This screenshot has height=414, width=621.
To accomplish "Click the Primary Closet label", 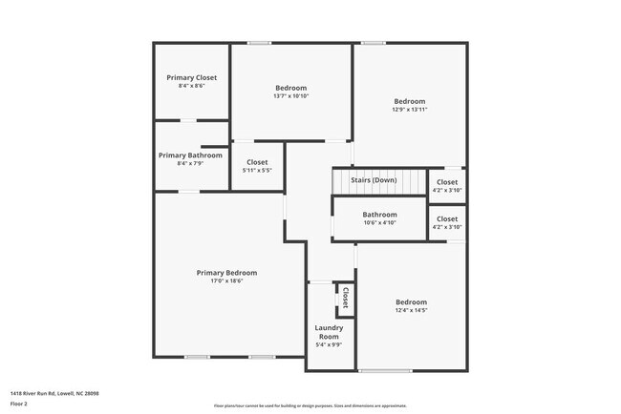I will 192,77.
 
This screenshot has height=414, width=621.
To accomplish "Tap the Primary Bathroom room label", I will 191,155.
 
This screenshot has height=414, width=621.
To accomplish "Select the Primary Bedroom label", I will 226,273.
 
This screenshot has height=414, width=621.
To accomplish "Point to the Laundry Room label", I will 329,332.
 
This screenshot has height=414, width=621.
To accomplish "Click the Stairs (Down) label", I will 374,180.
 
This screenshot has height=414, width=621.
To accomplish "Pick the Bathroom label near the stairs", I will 379,215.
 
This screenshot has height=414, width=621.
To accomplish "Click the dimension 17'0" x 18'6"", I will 226,281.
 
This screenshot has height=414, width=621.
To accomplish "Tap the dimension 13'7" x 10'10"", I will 290,95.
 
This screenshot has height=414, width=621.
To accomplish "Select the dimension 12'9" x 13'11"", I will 410,110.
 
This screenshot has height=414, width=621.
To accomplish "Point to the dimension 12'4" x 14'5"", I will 411,310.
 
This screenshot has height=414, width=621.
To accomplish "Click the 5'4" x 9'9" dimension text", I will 329,345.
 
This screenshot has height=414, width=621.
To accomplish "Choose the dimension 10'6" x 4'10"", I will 379,223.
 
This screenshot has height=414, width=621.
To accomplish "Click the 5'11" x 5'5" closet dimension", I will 257,171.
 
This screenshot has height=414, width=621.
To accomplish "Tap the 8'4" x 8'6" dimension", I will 192,86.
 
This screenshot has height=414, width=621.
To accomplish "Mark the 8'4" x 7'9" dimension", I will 191,164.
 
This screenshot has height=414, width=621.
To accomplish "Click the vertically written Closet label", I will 345,298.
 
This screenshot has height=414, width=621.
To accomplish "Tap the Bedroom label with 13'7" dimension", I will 290,87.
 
